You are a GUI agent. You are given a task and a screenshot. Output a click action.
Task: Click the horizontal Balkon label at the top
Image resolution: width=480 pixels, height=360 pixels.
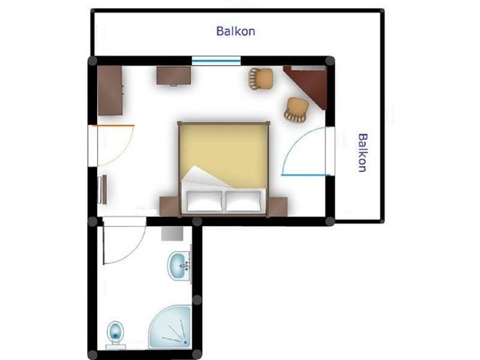click(x=235, y=31)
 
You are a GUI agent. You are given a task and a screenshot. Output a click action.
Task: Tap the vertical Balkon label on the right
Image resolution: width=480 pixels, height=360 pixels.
click(x=362, y=153)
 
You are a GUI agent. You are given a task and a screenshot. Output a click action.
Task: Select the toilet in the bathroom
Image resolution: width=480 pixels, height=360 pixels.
click(x=116, y=335)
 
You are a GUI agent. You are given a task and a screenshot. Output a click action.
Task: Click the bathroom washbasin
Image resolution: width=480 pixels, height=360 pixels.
click(x=179, y=266)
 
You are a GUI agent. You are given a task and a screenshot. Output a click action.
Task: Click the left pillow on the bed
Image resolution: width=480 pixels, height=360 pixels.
click(x=205, y=201)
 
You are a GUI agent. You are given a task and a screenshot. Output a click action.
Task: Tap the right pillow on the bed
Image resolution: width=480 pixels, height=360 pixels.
click(x=244, y=201)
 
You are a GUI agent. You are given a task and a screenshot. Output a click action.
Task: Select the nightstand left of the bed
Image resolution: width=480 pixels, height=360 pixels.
click(x=169, y=206)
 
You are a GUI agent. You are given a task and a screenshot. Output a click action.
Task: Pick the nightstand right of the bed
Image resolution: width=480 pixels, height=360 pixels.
click(x=278, y=206)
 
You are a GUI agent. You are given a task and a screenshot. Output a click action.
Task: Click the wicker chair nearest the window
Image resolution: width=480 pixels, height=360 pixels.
click(x=261, y=79)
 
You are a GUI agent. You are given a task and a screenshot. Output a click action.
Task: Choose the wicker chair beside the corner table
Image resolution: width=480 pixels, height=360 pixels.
click(x=296, y=110)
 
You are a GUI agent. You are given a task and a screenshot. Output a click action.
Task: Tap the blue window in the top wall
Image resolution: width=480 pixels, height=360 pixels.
click(x=216, y=61)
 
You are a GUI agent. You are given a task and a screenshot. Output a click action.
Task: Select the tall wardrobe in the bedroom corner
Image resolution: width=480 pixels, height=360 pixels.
click(x=110, y=91)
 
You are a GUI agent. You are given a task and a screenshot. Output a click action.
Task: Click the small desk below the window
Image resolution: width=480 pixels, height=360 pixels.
click(x=173, y=76)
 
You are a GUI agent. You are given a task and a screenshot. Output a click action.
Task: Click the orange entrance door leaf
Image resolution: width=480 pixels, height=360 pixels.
click(x=113, y=125)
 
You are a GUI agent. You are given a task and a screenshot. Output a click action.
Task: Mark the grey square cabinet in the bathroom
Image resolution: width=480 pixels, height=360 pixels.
click(x=172, y=233)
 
